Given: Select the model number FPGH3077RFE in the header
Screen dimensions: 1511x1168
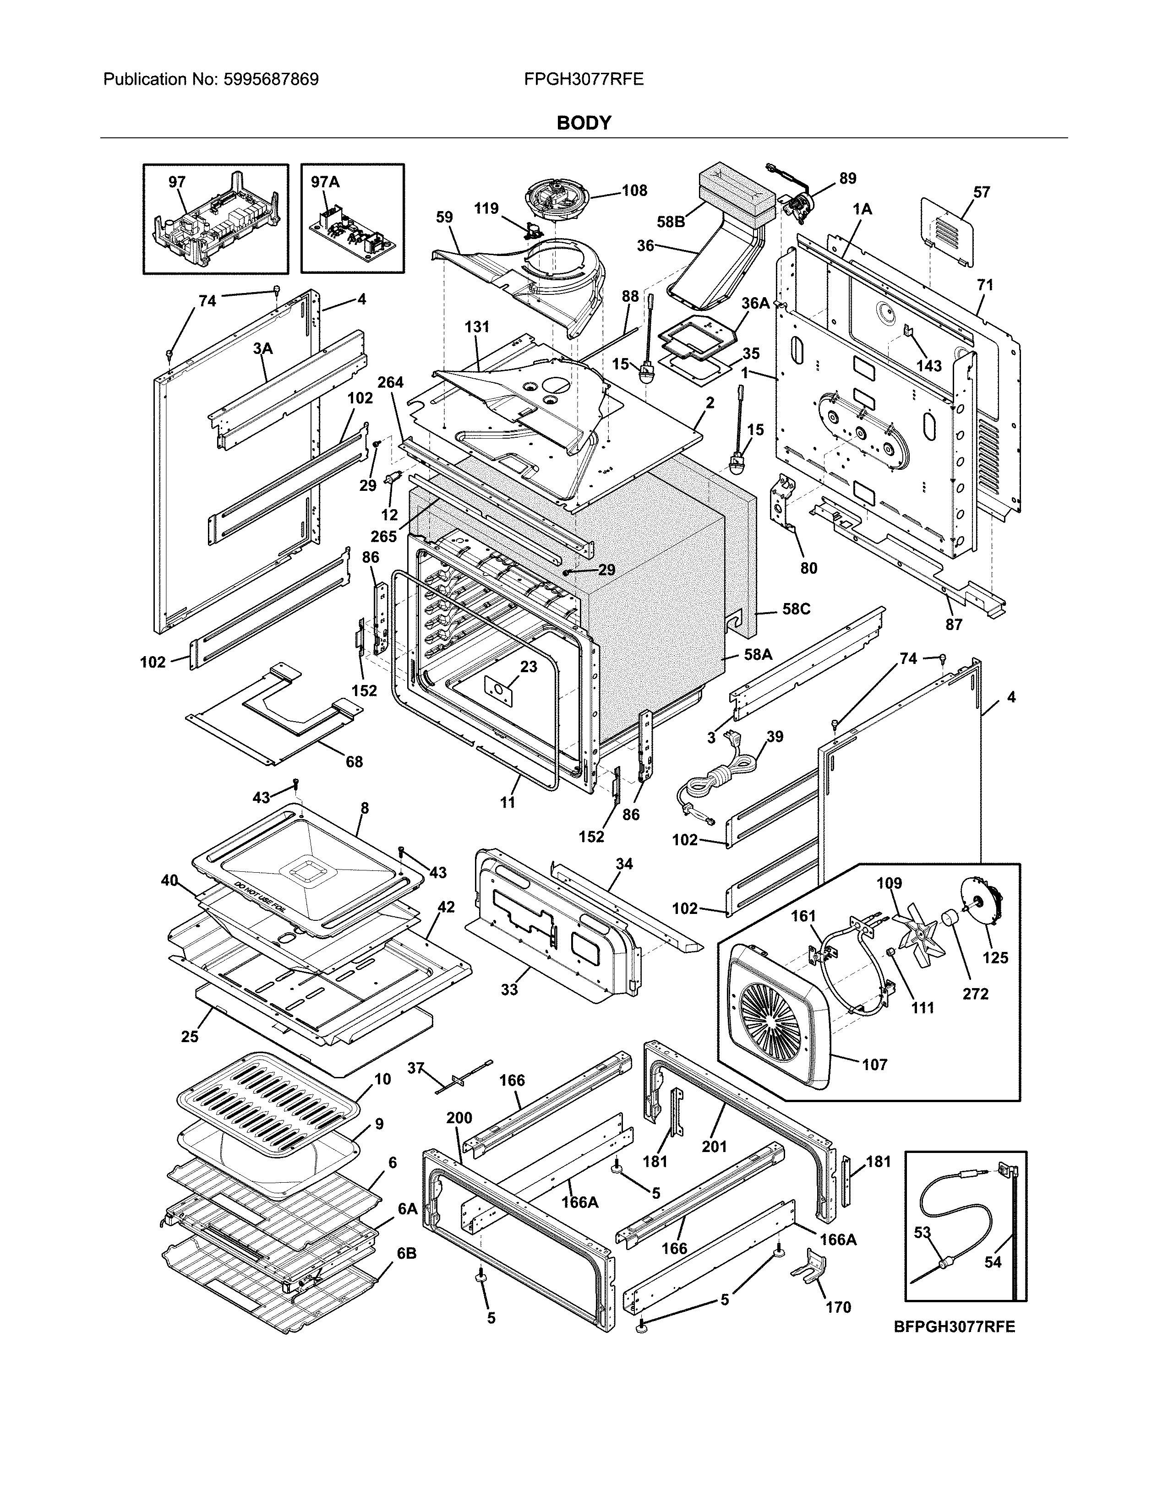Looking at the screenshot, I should pyautogui.click(x=583, y=80).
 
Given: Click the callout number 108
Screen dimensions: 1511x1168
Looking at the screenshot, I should pyautogui.click(x=634, y=190).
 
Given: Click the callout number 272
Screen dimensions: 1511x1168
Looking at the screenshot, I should pyautogui.click(x=975, y=994).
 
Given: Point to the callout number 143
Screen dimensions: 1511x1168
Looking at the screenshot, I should pyautogui.click(x=929, y=365).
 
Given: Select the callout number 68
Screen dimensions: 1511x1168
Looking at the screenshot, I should pyautogui.click(x=354, y=762).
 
